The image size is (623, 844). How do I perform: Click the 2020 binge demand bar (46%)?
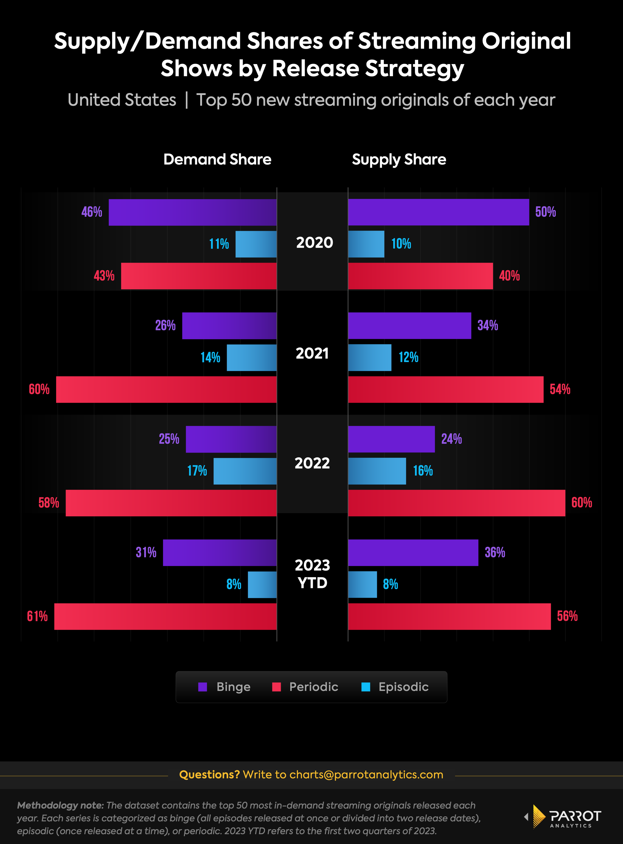[192, 212]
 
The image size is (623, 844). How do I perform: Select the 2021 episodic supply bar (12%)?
[370, 358]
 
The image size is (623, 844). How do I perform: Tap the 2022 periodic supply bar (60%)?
[456, 503]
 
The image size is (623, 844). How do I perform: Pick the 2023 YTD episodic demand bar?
[262, 585]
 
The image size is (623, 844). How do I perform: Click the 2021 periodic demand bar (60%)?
[166, 389]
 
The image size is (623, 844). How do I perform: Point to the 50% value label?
[545, 212]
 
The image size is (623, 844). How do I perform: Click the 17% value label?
[197, 471]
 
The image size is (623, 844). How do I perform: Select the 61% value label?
[37, 616]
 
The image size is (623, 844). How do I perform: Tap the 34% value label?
[488, 325]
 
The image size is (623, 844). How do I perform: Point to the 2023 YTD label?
[312, 574]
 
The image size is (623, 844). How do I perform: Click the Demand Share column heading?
[217, 159]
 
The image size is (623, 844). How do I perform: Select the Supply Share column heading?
[399, 159]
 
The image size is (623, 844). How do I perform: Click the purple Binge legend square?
[203, 687]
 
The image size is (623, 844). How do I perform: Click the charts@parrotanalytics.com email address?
[366, 775]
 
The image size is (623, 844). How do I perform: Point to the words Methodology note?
[60, 806]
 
